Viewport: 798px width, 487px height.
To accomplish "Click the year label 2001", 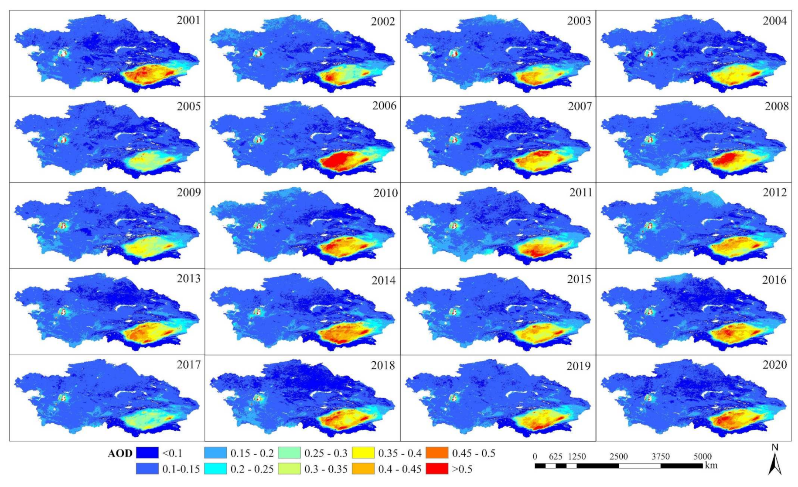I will tap(188, 20).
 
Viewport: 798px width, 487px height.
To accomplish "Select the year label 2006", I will tap(384, 106).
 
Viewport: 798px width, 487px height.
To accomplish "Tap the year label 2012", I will tap(774, 192).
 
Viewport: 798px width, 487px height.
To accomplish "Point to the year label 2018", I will tap(383, 365).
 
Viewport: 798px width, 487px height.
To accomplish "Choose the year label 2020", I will tap(774, 365).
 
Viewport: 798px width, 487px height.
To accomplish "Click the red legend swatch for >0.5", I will tap(437, 469).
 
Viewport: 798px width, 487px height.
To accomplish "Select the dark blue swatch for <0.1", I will tap(147, 453).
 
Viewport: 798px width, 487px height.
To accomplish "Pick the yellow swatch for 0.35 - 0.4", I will tap(363, 453).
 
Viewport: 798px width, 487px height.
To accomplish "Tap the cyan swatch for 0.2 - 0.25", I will tap(215, 469).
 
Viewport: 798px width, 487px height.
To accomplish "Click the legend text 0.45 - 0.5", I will tap(474, 453).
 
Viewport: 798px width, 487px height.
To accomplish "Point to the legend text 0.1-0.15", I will tap(181, 470).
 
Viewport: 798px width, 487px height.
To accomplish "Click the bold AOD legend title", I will tap(120, 453).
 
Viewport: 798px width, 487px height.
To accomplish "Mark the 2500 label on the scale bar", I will tap(618, 456).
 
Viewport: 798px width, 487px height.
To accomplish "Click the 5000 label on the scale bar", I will tap(702, 456).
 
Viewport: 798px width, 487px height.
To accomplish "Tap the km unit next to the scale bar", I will tap(711, 465).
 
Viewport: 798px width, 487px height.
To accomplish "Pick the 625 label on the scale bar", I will tap(556, 456).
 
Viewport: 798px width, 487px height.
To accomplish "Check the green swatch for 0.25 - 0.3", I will tap(289, 453).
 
